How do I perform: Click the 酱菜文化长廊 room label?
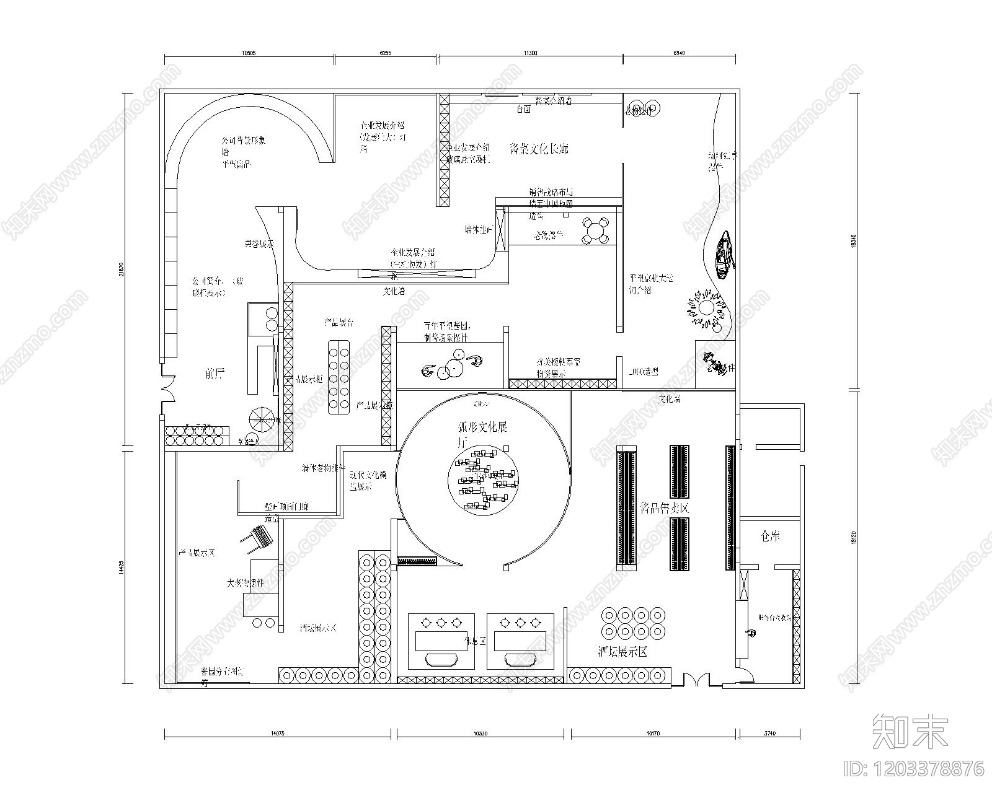[x=538, y=149]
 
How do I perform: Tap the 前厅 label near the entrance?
[x=214, y=373]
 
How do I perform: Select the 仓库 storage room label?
[x=770, y=537]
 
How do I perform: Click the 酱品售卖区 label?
[x=665, y=509]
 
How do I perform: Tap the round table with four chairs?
[x=595, y=231]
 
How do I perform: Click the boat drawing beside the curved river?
[x=724, y=254]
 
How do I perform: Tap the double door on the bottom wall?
[x=697, y=681]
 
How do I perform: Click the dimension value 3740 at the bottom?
[x=769, y=734]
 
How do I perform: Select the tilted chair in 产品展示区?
[x=260, y=537]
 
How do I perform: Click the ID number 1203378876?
[x=914, y=769]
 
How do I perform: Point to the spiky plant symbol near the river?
[x=706, y=308]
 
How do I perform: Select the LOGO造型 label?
[x=642, y=372]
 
